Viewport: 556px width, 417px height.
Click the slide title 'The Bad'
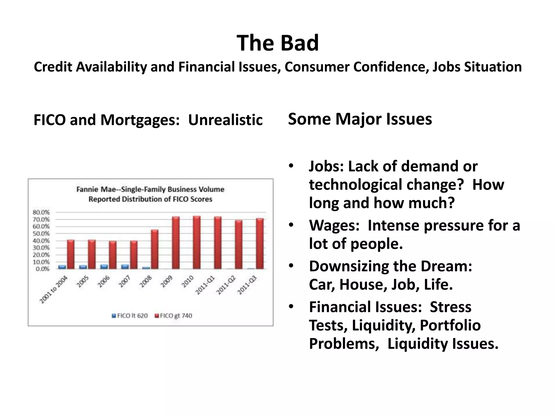[x=278, y=43]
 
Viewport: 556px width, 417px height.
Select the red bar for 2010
[x=197, y=242]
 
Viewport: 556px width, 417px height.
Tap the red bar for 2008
[x=154, y=249]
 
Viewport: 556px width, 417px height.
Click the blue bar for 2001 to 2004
[x=62, y=267]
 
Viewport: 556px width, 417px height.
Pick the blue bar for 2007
[x=125, y=267]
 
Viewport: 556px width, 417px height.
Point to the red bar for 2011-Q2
[x=239, y=244]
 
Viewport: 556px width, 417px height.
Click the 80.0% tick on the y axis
[x=41, y=212]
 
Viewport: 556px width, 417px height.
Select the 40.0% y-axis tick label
[x=41, y=241]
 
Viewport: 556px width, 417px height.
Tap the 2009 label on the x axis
[x=166, y=282]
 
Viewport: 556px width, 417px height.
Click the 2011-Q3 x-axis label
[x=247, y=285]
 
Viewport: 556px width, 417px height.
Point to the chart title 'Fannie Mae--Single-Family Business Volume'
[x=150, y=189]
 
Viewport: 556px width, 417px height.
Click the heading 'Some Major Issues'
[x=360, y=119]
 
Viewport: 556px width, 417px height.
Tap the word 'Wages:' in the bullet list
[x=334, y=225]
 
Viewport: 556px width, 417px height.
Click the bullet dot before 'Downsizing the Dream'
[x=291, y=266]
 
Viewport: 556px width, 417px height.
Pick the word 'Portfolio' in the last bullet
[x=450, y=325]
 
